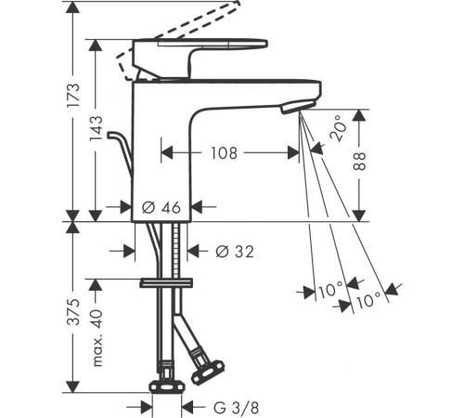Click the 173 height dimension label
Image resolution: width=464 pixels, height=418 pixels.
click(74, 95)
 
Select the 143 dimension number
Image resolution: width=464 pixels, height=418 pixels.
click(96, 129)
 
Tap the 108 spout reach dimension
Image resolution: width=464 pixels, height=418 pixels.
click(224, 153)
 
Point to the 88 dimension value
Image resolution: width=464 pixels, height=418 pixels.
click(359, 162)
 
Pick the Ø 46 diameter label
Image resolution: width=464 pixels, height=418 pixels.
click(161, 207)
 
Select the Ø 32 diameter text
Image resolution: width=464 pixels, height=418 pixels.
click(235, 251)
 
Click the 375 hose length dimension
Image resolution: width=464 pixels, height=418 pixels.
click(74, 312)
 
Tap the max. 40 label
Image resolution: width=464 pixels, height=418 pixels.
click(97, 337)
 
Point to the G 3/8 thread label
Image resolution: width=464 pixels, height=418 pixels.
click(236, 408)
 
